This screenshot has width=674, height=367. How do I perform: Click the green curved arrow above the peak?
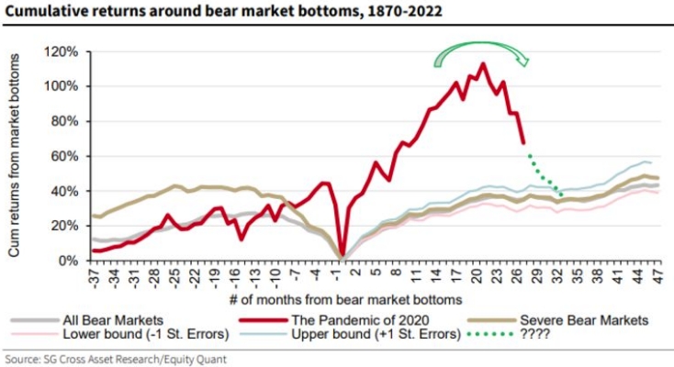[x=481, y=50]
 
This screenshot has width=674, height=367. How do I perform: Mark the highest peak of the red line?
[x=483, y=64]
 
